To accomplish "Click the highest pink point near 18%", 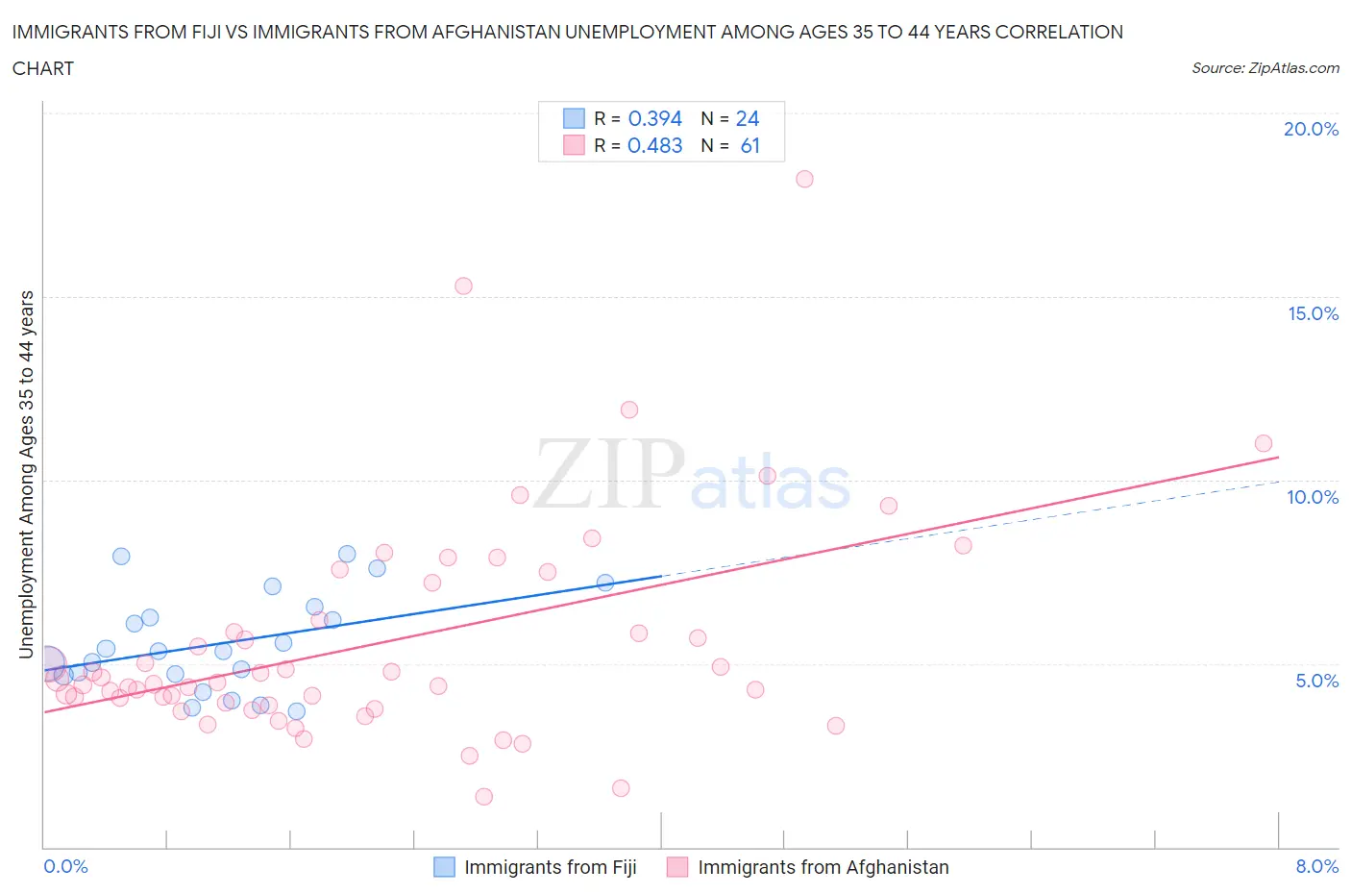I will [804, 179].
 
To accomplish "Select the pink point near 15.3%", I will [463, 286].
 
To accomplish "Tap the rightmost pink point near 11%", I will [1263, 443].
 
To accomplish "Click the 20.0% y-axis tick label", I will [1311, 129].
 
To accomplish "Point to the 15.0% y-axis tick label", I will [1313, 313].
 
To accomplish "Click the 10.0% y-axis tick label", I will [1313, 497].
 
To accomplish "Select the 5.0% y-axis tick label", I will [1316, 681].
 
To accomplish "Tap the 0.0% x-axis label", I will [65, 866].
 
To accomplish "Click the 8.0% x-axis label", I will [1316, 866].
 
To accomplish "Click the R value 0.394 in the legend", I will [654, 118].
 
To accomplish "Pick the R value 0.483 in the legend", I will [654, 145].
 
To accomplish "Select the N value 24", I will [747, 118].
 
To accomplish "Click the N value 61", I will [749, 145].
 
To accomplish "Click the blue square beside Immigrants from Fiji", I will [444, 867].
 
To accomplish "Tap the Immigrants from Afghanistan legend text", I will [823, 867].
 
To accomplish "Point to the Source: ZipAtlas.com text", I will [1265, 68].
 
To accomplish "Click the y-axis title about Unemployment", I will [26, 474].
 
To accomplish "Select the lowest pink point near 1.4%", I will [484, 797].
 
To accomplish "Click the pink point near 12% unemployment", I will [629, 410].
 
